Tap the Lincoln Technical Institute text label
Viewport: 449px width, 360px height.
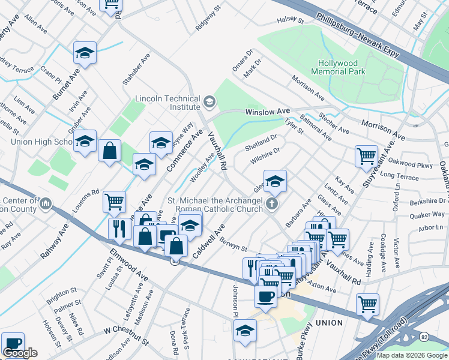pos(167,103)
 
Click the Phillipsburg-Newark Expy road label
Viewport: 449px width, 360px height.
pos(357,35)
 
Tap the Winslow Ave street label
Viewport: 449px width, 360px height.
pos(268,112)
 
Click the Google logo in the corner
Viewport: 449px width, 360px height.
pos(20,353)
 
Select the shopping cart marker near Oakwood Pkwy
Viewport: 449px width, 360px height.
pos(366,155)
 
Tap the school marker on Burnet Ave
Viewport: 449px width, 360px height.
pos(85,53)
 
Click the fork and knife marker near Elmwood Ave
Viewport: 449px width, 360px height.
pos(119,228)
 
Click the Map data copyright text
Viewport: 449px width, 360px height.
pos(412,355)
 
